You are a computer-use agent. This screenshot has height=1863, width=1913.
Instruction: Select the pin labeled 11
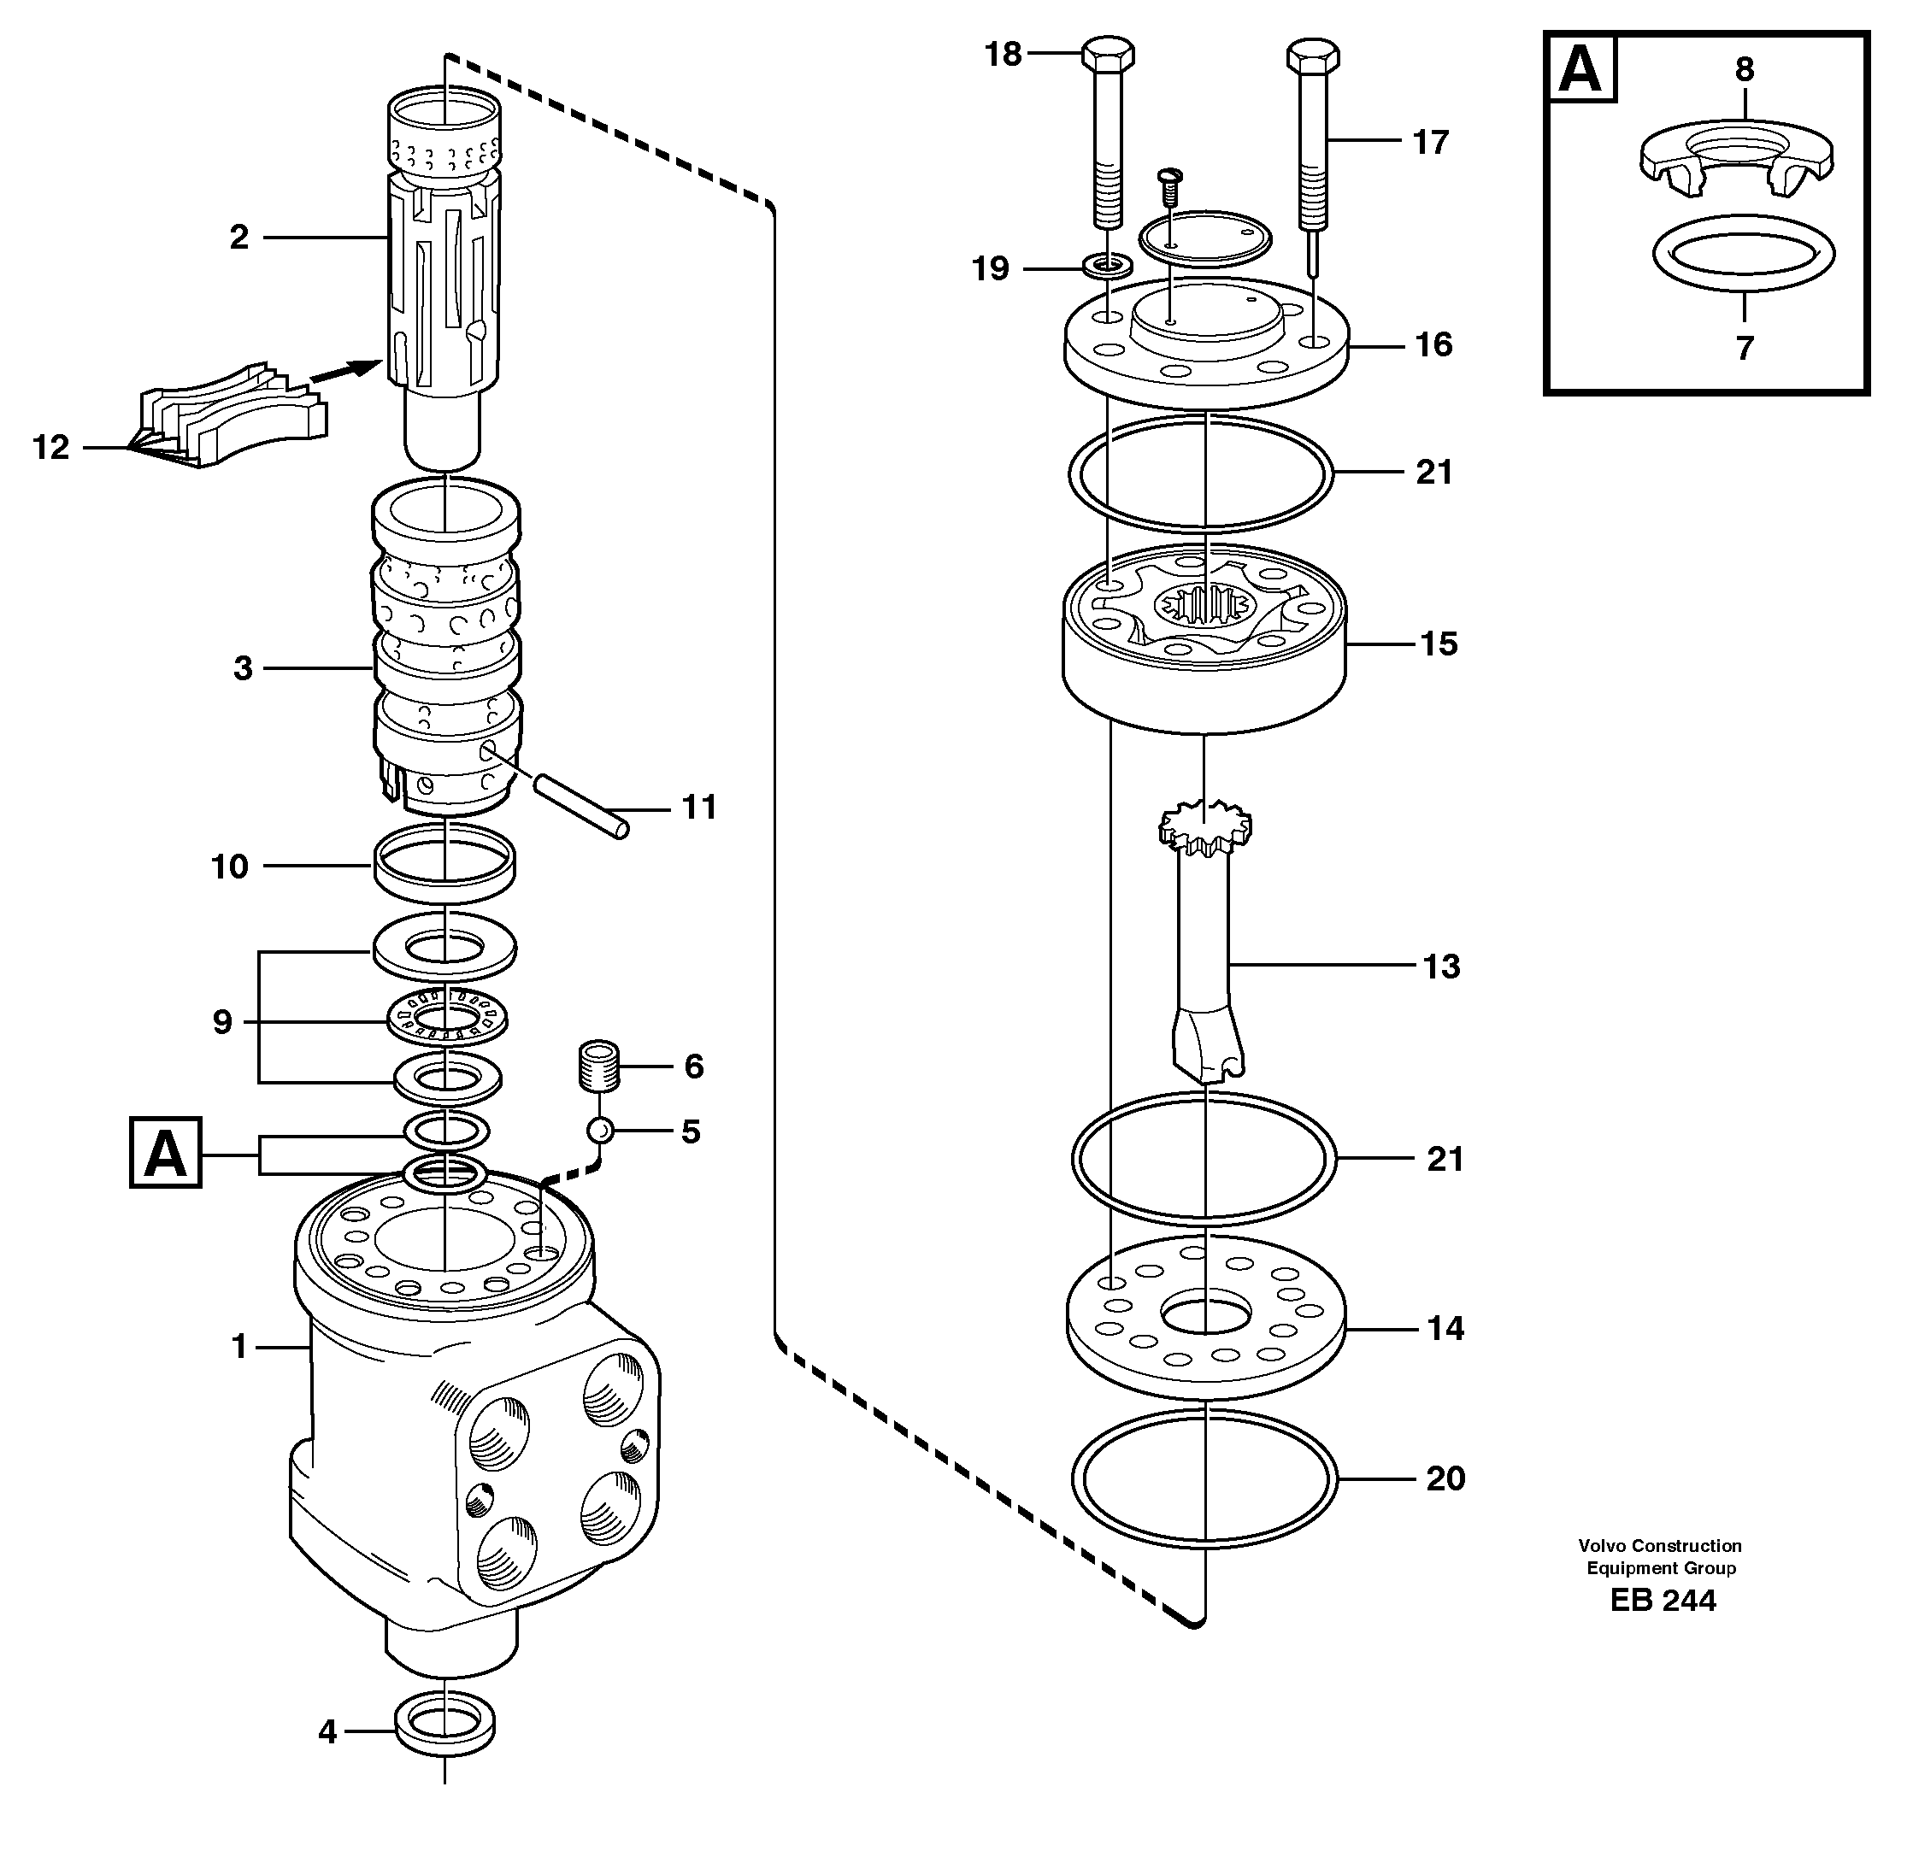[576, 803]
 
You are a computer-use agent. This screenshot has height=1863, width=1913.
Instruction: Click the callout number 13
[1440, 967]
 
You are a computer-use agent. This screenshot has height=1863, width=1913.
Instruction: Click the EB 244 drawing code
[1663, 1600]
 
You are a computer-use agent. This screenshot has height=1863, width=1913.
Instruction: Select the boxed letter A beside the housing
[165, 1153]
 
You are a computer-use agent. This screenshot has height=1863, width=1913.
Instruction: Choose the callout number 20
[1445, 1478]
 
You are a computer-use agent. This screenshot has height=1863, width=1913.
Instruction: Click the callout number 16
[1433, 344]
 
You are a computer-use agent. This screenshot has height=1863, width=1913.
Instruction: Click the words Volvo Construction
[1660, 1546]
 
